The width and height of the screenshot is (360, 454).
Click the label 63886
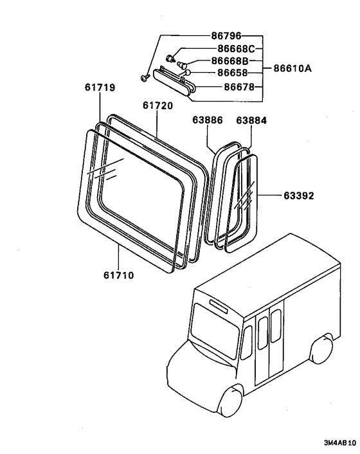[x=206, y=120]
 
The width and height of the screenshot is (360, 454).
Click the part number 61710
[x=119, y=275]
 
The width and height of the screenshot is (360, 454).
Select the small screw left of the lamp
[x=145, y=78]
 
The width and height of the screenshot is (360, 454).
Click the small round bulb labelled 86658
[x=187, y=73]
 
